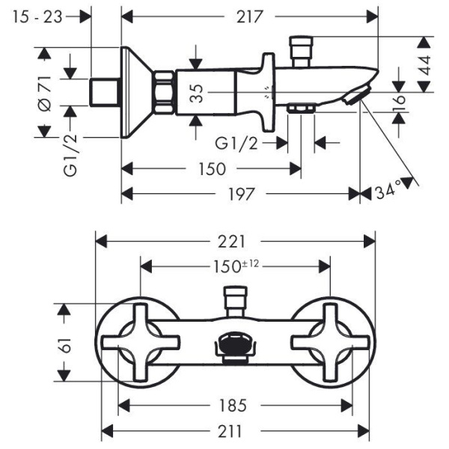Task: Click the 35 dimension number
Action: point(197,93)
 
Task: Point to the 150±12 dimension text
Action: point(236,265)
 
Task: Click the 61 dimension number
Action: point(65,346)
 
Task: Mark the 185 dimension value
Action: point(234,406)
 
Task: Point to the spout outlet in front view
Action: point(236,346)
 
